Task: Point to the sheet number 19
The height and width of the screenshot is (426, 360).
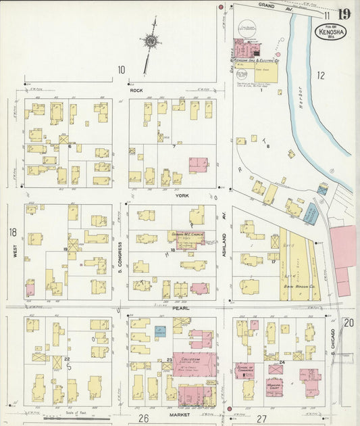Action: pyautogui.click(x=344, y=14)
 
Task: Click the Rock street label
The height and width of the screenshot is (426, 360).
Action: pyautogui.click(x=136, y=89)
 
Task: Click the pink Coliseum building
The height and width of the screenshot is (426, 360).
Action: pyautogui.click(x=194, y=364)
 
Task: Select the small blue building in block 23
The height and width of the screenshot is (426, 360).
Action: pyautogui.click(x=160, y=331)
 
